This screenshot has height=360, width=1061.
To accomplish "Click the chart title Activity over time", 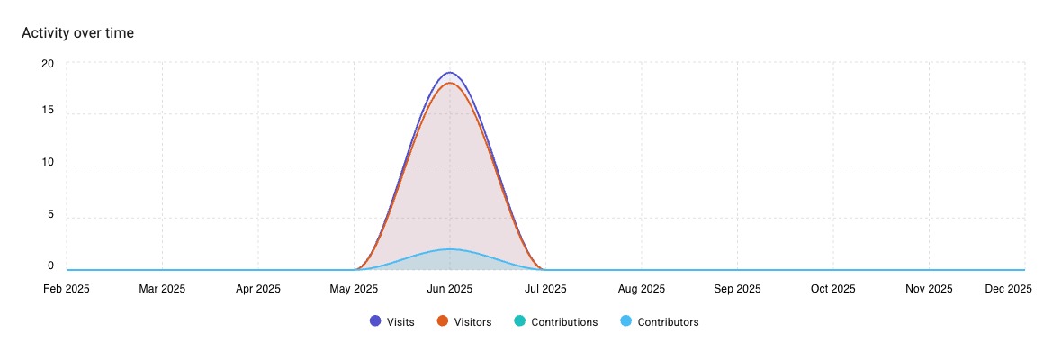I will (x=77, y=33).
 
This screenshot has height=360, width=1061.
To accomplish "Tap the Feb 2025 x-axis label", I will (x=67, y=289).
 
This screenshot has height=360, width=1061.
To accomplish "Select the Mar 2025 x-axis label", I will (x=162, y=289).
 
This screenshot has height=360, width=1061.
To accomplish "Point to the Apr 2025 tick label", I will (x=258, y=289).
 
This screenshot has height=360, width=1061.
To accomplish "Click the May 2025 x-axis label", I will (x=354, y=289).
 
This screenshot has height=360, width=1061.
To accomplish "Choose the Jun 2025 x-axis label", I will (x=450, y=289).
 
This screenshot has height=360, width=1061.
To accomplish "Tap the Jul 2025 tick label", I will (x=545, y=289).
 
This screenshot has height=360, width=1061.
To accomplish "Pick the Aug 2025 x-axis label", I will (x=642, y=289).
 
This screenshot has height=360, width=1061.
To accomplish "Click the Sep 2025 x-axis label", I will (x=737, y=289).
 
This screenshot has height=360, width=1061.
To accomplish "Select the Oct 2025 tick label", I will (x=832, y=289).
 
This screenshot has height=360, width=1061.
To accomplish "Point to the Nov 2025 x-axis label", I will (x=929, y=289).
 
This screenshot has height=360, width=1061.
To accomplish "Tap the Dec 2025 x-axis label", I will (x=1008, y=289).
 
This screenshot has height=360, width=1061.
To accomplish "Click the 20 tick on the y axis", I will (x=48, y=64).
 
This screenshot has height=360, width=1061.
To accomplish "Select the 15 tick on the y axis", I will (x=48, y=111).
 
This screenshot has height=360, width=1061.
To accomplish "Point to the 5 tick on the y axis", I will (x=50, y=215).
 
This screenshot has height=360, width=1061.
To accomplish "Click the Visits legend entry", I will (x=392, y=321).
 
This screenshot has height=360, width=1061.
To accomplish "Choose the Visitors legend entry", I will (x=463, y=321).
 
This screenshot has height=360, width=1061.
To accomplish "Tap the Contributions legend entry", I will (x=555, y=321).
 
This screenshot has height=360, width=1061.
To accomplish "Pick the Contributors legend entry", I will (x=660, y=321).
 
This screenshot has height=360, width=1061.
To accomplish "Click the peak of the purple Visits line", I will (x=450, y=72).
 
